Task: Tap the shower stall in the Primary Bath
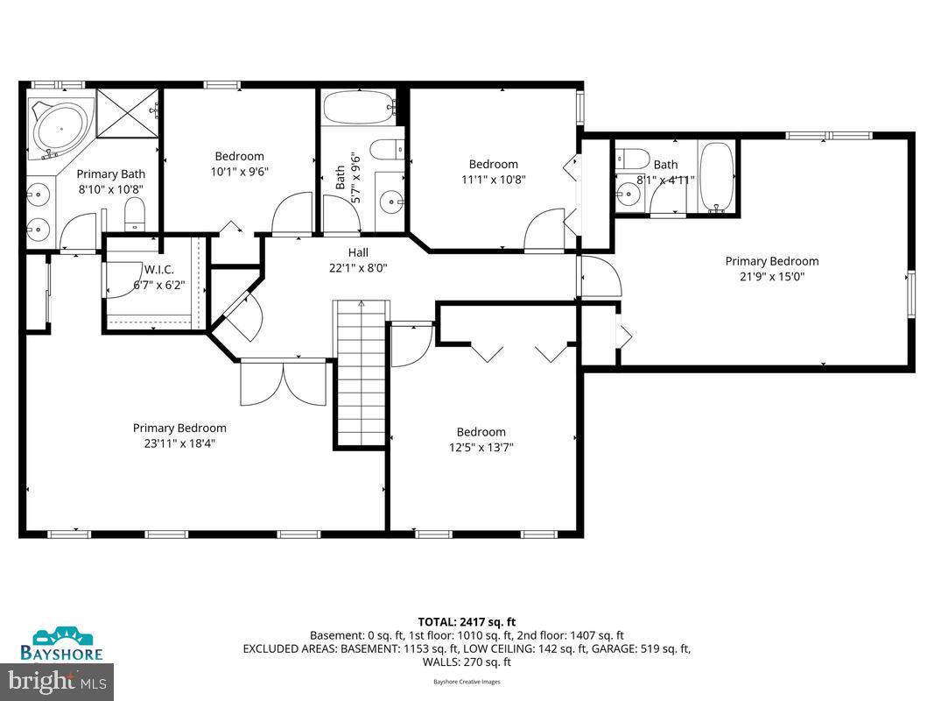pyautogui.click(x=127, y=112)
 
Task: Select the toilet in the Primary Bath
pyautogui.click(x=135, y=214)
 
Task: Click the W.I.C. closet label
pyautogui.click(x=158, y=269)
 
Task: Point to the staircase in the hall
pyautogui.click(x=360, y=372)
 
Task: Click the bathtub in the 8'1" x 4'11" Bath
pyautogui.click(x=716, y=178)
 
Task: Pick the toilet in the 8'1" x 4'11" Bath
pyautogui.click(x=632, y=159)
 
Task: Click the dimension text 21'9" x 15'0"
pyautogui.click(x=771, y=276)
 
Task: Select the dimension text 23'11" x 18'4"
pyautogui.click(x=179, y=443)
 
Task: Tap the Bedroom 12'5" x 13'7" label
pyautogui.click(x=481, y=439)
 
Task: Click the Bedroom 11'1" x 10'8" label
pyautogui.click(x=493, y=172)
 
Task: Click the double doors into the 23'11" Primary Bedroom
pyautogui.click(x=283, y=381)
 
